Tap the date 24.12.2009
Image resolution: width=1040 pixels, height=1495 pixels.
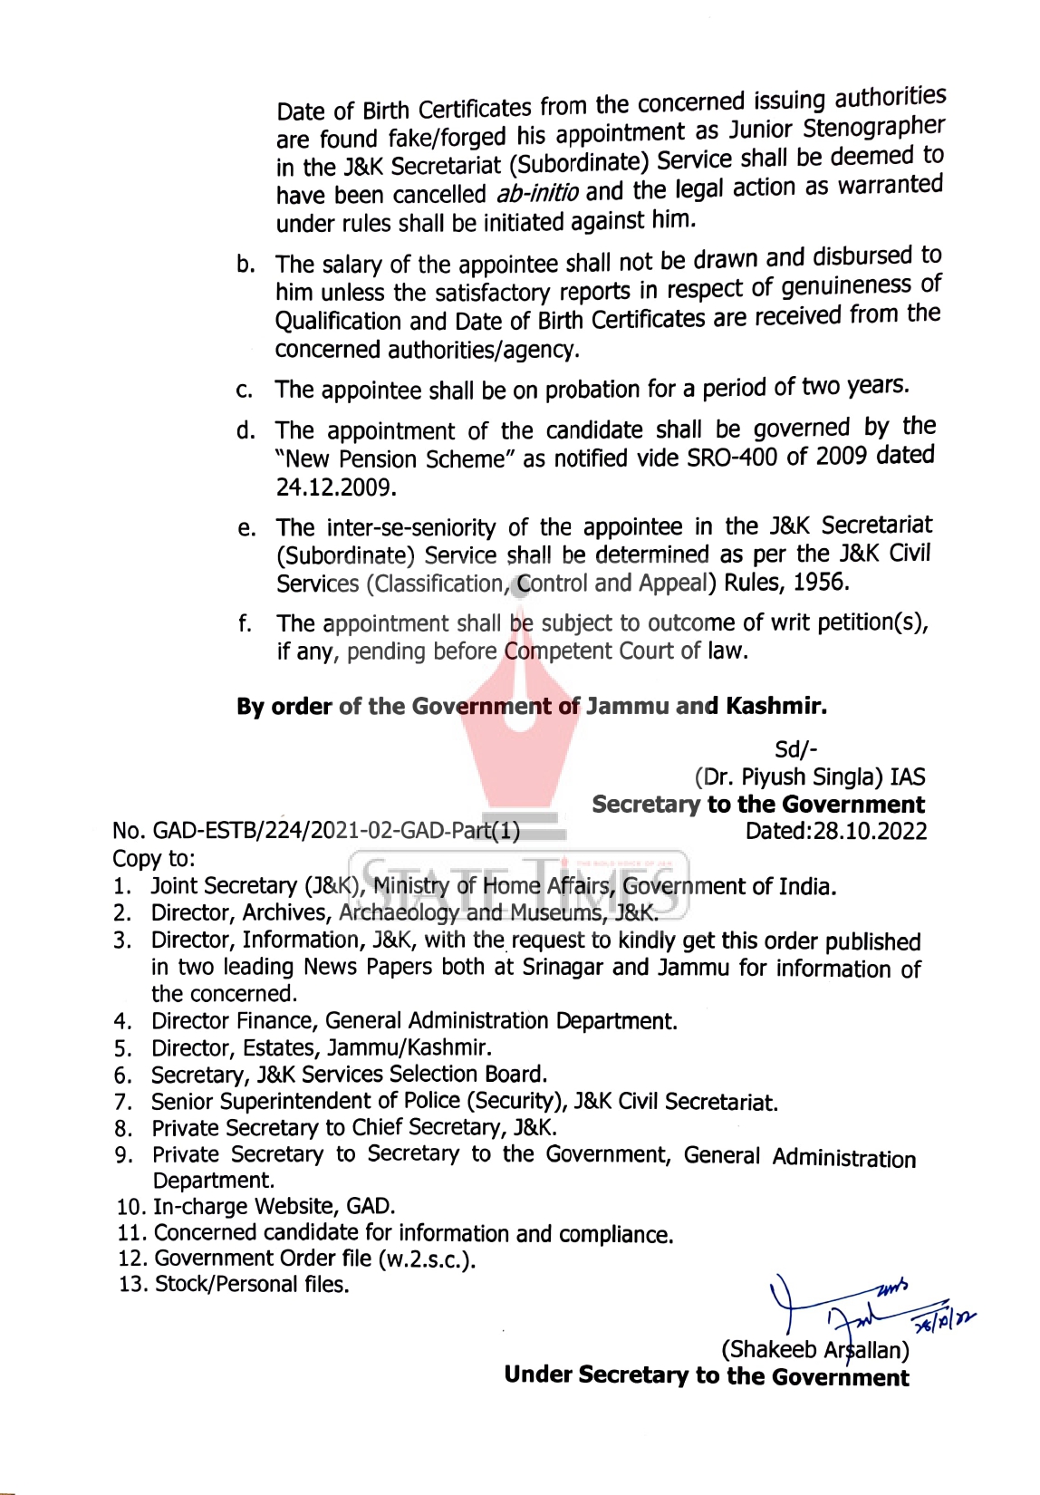[x=336, y=488]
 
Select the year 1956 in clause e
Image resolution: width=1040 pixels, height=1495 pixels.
[x=820, y=582]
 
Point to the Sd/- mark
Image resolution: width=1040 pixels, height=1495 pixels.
[x=796, y=749]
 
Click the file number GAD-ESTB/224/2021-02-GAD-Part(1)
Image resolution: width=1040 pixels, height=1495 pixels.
[x=336, y=832]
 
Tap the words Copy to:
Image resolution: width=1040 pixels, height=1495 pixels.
[x=154, y=858]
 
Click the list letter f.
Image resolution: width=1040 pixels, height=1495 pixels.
[x=245, y=624]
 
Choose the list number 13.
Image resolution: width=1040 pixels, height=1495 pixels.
[x=132, y=1285]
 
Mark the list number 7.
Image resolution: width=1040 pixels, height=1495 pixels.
[x=123, y=1103]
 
